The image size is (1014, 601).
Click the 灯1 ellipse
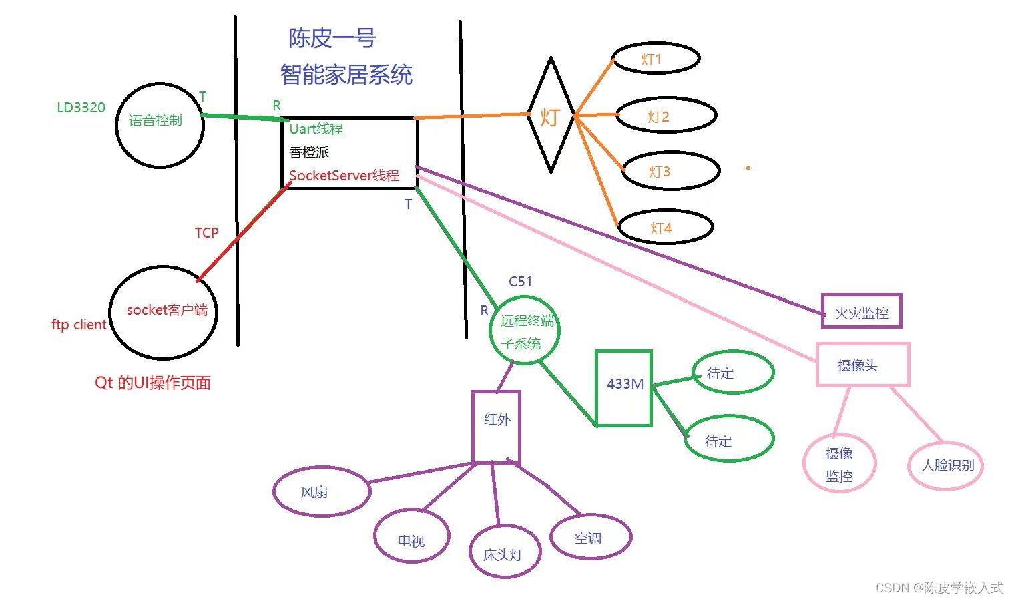click(x=656, y=59)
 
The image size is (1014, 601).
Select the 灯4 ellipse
click(x=665, y=228)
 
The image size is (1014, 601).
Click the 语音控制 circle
click(x=159, y=125)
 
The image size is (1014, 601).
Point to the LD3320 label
click(x=81, y=108)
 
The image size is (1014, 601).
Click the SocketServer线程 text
click(x=344, y=176)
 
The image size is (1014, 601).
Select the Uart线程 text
click(x=316, y=129)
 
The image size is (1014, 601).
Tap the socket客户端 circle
click(x=164, y=311)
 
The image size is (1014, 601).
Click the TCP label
click(x=206, y=232)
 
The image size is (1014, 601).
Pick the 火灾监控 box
click(x=861, y=311)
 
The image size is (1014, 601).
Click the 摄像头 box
click(x=862, y=365)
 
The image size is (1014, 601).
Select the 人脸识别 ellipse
click(x=946, y=465)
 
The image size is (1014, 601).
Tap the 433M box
click(x=623, y=387)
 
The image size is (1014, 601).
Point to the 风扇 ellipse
click(x=321, y=491)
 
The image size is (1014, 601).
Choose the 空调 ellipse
click(x=591, y=537)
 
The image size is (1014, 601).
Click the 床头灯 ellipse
click(x=504, y=553)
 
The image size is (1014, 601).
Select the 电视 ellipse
click(x=412, y=538)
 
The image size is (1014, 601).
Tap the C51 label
click(x=520, y=282)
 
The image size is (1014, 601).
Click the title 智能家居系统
click(x=346, y=75)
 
